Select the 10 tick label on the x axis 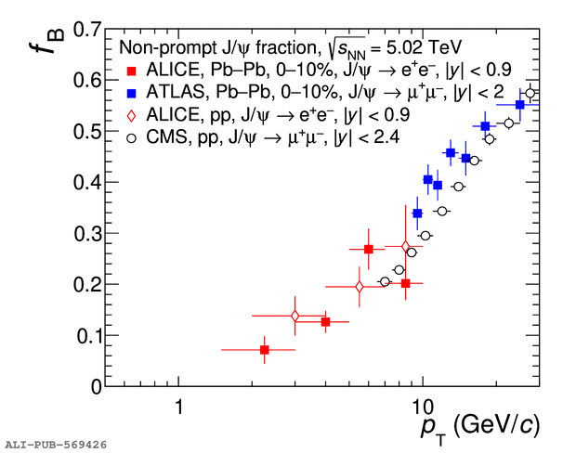(x=422, y=407)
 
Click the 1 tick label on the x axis (x=177, y=407)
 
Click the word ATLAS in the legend (x=172, y=93)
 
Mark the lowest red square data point (x=265, y=350)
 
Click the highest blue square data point (x=520, y=105)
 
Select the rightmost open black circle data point (x=530, y=93)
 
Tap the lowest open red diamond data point (x=295, y=317)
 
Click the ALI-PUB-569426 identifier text (x=55, y=445)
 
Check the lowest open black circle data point (x=385, y=281)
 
